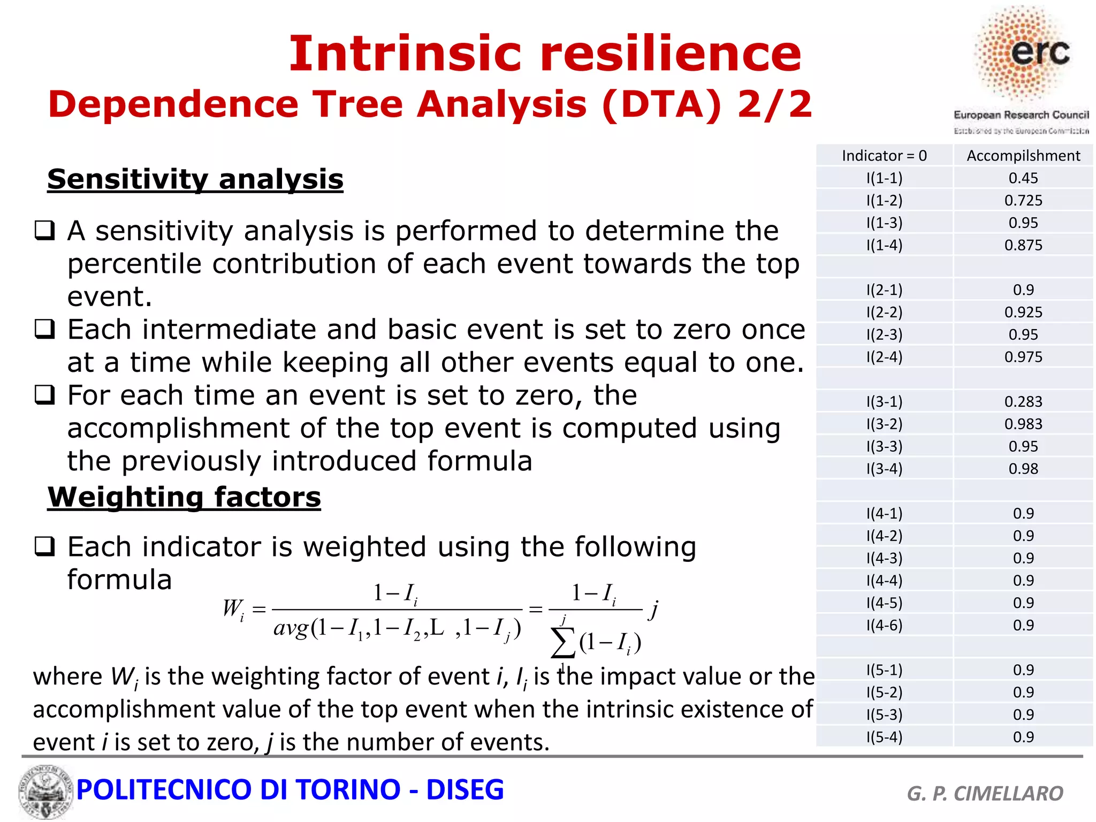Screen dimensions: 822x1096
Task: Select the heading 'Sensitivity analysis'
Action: pyautogui.click(x=195, y=179)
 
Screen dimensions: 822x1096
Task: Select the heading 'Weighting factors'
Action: pyautogui.click(x=184, y=497)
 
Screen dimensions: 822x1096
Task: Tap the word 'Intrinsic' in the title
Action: pyautogui.click(x=405, y=54)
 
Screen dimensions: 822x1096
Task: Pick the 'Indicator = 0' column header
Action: pyautogui.click(x=884, y=156)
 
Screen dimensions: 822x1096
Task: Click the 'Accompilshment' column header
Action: pyautogui.click(x=1023, y=156)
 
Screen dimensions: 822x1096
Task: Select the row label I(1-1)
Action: pyautogui.click(x=884, y=178)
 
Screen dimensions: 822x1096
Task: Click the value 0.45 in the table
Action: pyautogui.click(x=1023, y=178)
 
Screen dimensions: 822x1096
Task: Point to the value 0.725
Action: pyautogui.click(x=1023, y=201)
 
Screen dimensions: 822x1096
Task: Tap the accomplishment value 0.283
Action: pyautogui.click(x=1023, y=401)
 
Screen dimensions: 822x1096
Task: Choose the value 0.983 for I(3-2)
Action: pyautogui.click(x=1023, y=424)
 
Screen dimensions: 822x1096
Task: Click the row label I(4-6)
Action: pyautogui.click(x=884, y=625)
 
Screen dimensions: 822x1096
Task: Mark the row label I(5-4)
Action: pyautogui.click(x=884, y=737)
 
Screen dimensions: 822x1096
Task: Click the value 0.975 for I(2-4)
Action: pyautogui.click(x=1023, y=357)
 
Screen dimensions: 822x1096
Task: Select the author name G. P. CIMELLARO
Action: pyautogui.click(x=985, y=793)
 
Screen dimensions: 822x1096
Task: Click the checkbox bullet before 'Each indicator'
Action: pyautogui.click(x=44, y=547)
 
